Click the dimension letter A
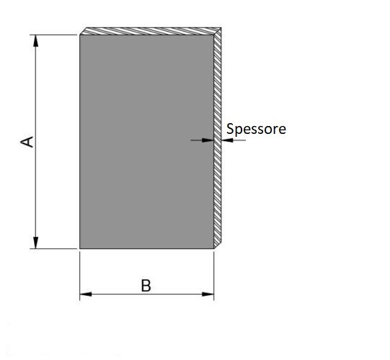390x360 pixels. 27,142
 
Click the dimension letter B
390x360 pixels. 146,286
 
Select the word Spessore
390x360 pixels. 256,129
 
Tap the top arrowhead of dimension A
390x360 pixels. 36,41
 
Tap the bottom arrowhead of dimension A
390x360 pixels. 36,243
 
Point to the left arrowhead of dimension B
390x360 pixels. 86,294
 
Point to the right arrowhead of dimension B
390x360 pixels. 208,294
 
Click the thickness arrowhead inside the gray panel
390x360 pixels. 208,140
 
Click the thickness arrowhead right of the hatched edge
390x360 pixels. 227,140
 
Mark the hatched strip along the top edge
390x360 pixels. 151,31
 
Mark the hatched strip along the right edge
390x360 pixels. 218,138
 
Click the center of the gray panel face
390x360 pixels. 147,142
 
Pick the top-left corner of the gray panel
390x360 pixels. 80,35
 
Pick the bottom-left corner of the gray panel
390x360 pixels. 80,248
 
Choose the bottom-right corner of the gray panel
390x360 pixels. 213,248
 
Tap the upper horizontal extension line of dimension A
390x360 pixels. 53,35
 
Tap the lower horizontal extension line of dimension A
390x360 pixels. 53,248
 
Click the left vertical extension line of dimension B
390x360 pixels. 80,276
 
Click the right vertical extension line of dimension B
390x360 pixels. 214,276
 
